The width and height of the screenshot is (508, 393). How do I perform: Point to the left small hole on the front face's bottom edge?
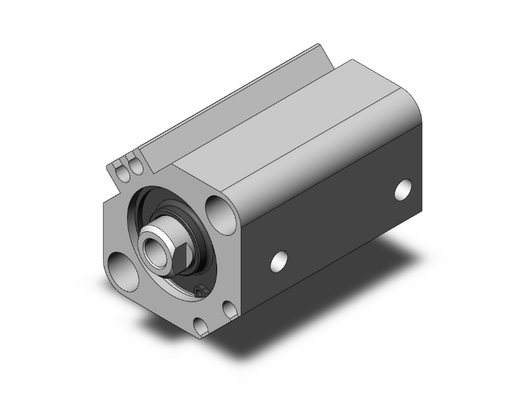tap(199, 326)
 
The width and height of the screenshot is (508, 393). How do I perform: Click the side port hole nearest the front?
tap(279, 260)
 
